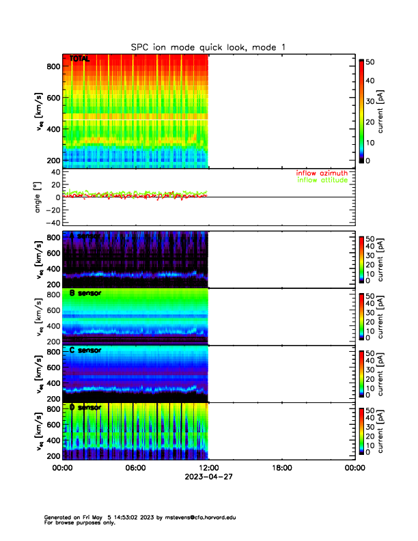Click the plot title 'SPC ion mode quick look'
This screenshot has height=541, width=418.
(x=209, y=46)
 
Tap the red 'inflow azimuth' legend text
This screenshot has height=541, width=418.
(x=321, y=174)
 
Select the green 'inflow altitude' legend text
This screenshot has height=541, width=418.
(x=321, y=180)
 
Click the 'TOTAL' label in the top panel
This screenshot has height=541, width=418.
(x=79, y=59)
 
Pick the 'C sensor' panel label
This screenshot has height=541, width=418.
(x=85, y=350)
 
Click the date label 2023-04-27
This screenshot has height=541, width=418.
(x=208, y=478)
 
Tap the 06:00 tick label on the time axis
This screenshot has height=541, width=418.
(x=135, y=468)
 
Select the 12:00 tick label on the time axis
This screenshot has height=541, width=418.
(x=208, y=468)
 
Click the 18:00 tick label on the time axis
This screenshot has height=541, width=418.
(x=281, y=468)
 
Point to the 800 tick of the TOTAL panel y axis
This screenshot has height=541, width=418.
(x=51, y=66)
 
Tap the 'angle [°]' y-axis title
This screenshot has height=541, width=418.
(x=38, y=197)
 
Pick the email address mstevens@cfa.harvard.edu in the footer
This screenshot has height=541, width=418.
(x=194, y=518)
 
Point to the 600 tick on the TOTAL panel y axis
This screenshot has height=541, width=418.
(x=51, y=98)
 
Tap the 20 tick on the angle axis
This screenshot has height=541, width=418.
(x=53, y=184)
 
